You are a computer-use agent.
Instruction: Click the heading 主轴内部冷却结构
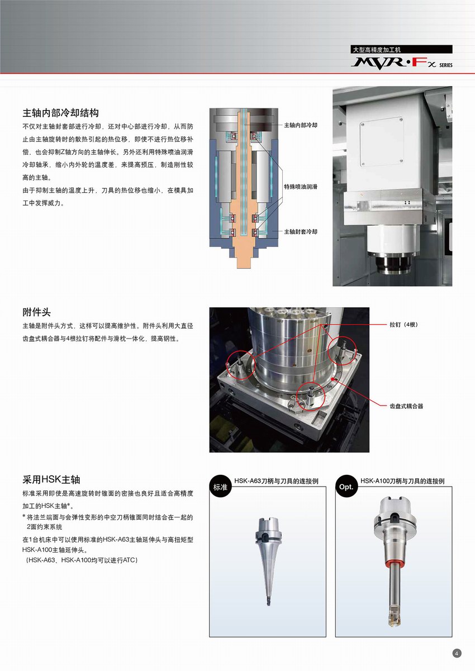click(x=60, y=113)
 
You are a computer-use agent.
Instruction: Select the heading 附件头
click(x=36, y=312)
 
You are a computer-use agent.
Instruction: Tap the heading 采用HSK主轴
click(x=51, y=479)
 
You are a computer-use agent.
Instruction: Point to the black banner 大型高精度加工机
click(x=402, y=49)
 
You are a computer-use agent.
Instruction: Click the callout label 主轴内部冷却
click(x=301, y=125)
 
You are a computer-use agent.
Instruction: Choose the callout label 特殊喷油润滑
click(x=301, y=187)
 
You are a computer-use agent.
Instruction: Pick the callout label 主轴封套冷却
click(x=301, y=231)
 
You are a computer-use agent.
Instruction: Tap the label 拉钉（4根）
click(x=403, y=325)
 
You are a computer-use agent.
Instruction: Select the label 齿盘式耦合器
click(x=406, y=406)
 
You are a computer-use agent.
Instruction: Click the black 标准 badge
click(x=220, y=487)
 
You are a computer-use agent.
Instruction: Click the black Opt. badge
click(x=346, y=487)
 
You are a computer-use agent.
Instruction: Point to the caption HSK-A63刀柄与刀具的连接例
click(x=276, y=481)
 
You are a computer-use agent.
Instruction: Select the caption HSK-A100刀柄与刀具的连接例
click(x=402, y=481)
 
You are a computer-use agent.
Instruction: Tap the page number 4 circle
click(x=457, y=653)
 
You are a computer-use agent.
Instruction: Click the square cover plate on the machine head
click(x=382, y=142)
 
